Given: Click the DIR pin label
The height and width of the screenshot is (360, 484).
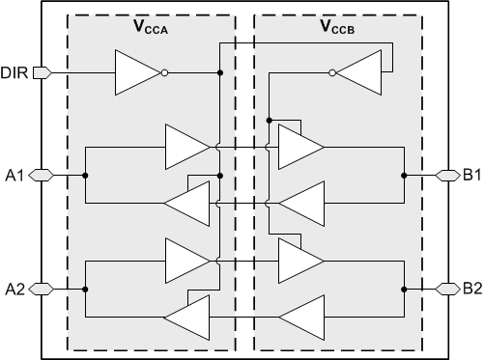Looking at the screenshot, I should point(14,72).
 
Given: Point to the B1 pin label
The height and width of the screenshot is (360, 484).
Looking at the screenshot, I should point(470,175).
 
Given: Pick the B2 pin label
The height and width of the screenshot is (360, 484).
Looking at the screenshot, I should point(470,288).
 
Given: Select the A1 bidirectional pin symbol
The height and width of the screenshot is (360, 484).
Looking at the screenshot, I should point(40,175).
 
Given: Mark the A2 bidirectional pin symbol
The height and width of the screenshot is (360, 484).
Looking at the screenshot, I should point(40,288).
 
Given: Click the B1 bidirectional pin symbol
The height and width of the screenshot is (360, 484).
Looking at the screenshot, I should point(446,175).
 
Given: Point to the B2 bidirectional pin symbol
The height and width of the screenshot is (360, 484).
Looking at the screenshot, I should point(446,288).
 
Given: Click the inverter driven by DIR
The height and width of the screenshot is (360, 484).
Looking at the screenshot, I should point(137,72).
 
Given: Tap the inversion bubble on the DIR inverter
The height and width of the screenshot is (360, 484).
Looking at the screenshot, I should point(165,72).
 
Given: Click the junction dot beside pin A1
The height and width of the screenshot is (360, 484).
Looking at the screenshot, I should point(86,175).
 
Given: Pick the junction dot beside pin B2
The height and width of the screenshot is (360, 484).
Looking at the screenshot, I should point(403,288).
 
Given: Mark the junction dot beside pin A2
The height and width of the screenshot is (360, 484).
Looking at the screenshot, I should point(86,288).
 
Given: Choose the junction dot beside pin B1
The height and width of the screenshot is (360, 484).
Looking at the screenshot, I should point(403,175).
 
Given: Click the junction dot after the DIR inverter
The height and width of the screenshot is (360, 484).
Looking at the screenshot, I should point(220,72).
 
